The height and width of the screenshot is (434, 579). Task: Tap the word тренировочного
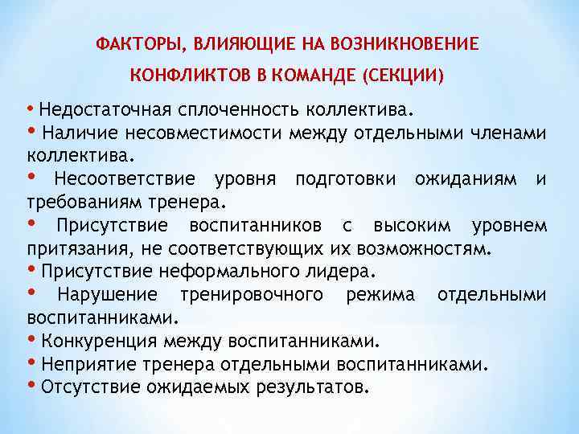click(x=252, y=295)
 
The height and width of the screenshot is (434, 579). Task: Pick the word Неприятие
click(x=85, y=364)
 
